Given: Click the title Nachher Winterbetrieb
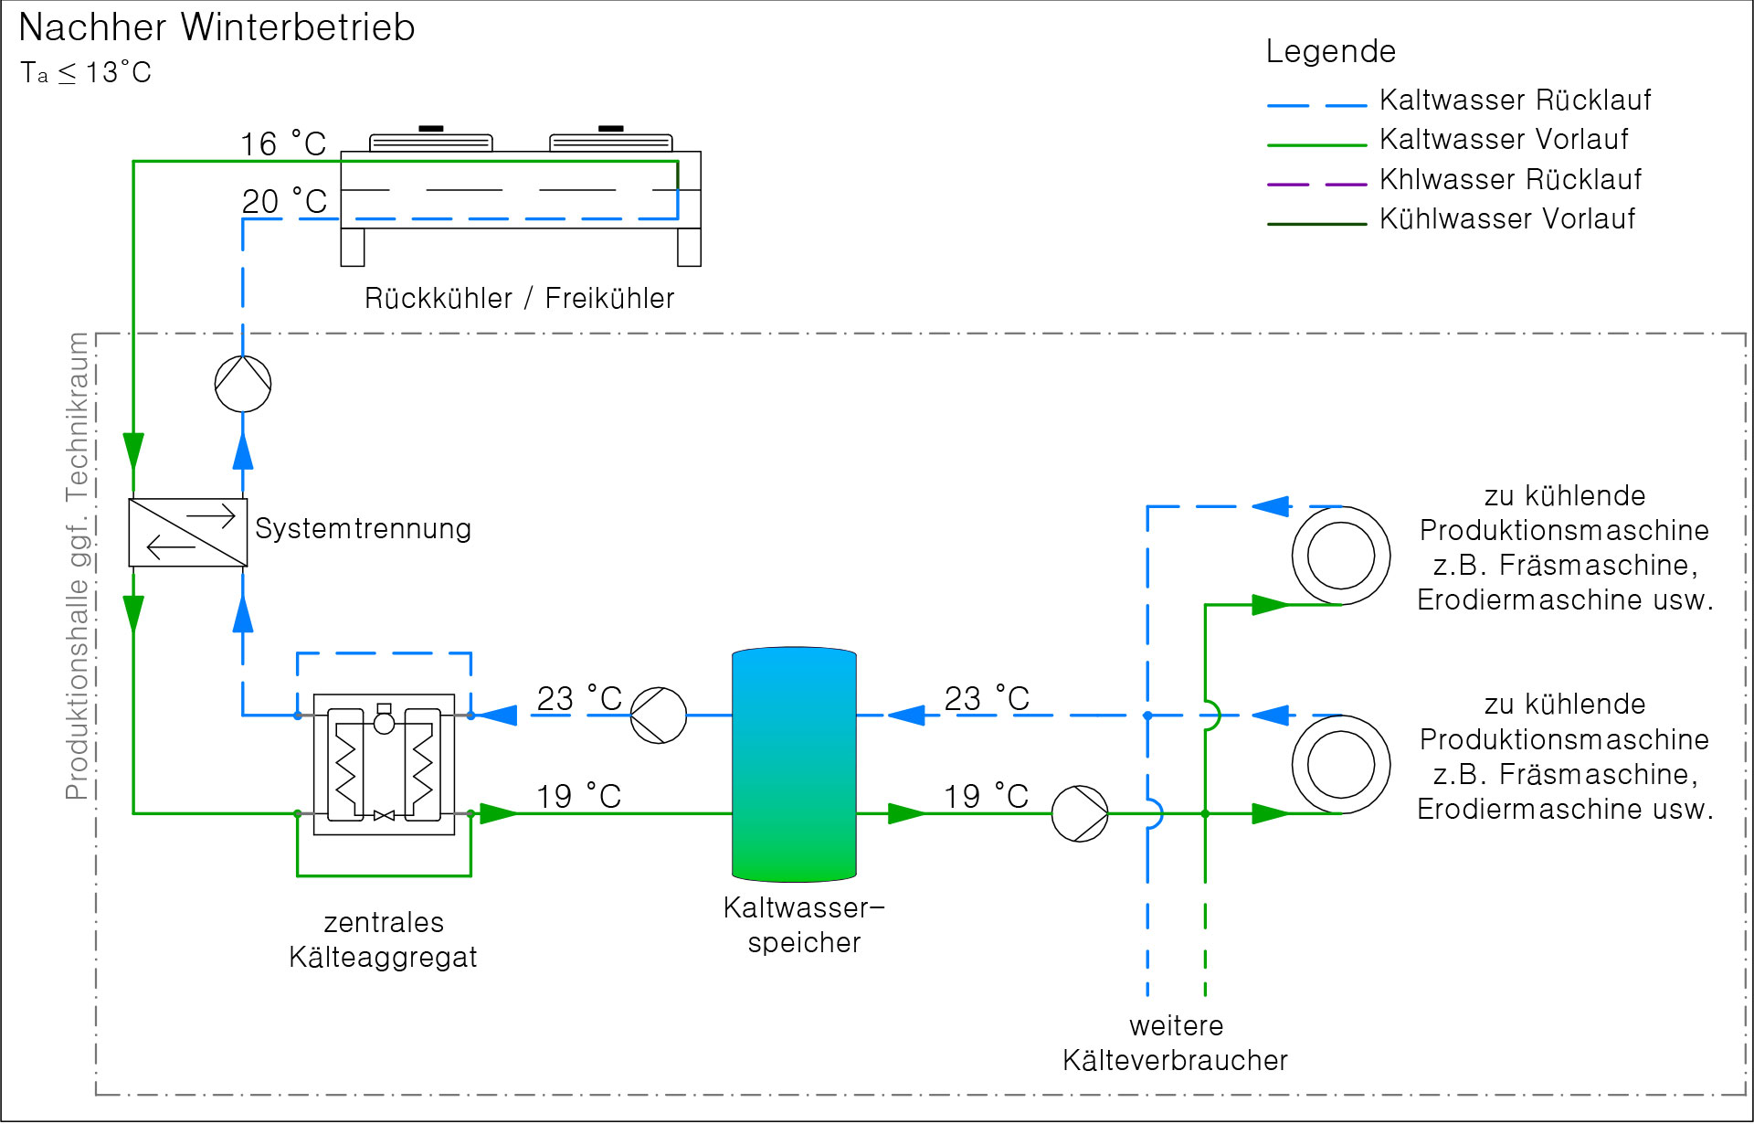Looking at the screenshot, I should click(217, 27).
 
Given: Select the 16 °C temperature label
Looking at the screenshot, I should click(283, 144).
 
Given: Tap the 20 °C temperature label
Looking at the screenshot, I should click(284, 202).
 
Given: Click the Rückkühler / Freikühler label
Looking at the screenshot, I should click(519, 299).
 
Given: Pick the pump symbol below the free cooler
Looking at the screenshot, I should click(243, 384).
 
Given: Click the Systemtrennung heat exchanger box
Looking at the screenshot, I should click(188, 533).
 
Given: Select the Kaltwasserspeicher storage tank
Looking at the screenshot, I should click(794, 764).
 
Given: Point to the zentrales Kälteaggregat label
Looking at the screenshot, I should click(383, 939).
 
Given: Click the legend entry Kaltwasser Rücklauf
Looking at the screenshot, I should click(1515, 100).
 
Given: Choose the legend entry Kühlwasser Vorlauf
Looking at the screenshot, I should click(1507, 219).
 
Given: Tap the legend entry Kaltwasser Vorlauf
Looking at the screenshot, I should click(1504, 140).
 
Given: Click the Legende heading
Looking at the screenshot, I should click(1330, 51).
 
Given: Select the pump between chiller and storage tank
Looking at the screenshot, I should click(659, 716).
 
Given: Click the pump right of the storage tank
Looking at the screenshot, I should click(1080, 813).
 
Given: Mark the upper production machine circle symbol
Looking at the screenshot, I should click(1341, 556).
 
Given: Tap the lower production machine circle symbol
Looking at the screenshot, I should click(1341, 764).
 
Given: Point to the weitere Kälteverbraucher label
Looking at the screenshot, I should click(1175, 1044).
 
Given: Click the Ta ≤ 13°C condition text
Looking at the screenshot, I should click(86, 73).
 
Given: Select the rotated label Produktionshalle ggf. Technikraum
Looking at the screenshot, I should click(78, 567).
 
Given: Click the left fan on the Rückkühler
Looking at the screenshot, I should click(431, 140).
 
